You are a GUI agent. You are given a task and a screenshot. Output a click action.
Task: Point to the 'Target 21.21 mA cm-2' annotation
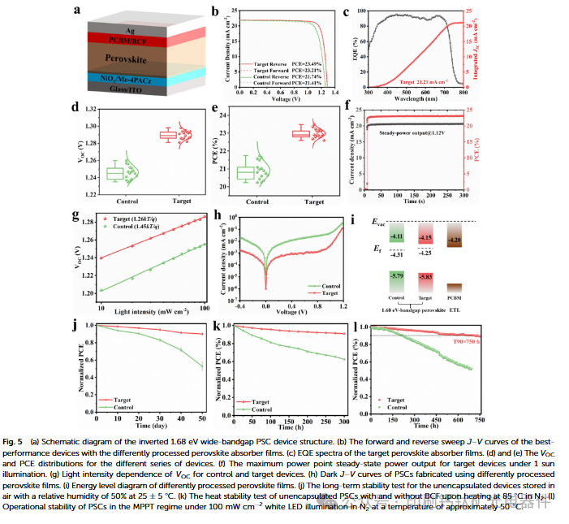pyautogui.click(x=412, y=83)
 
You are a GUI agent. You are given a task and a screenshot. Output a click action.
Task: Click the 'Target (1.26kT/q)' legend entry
pyautogui.click(x=132, y=219)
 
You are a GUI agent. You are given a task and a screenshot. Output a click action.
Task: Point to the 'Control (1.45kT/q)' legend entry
pyautogui.click(x=133, y=228)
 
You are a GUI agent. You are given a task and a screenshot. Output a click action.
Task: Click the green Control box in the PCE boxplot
pyautogui.click(x=244, y=172)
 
